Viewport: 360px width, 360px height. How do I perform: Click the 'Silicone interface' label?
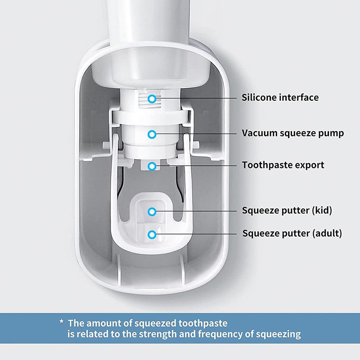click(280, 98)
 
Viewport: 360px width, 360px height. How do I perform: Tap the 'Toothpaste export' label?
click(283, 165)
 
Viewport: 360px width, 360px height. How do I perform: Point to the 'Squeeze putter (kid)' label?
click(287, 211)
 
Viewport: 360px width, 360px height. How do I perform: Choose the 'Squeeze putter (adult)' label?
click(292, 234)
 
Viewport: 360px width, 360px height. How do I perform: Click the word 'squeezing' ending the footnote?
click(278, 334)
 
